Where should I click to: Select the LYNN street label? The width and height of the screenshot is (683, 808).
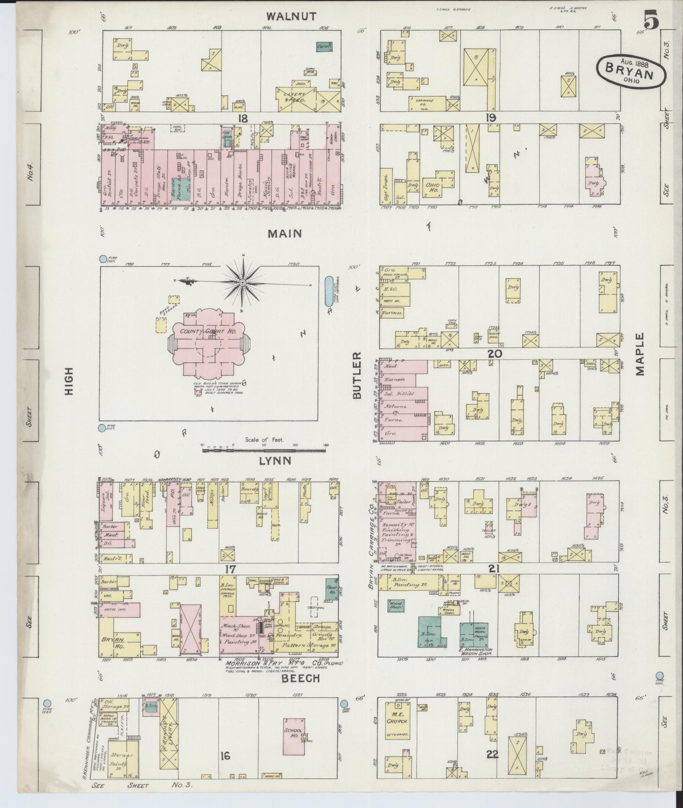[275, 461]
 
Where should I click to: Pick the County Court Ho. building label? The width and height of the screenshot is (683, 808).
[208, 331]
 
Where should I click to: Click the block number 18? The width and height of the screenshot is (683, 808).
[242, 119]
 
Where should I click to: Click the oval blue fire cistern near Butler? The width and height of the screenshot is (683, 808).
[329, 291]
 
